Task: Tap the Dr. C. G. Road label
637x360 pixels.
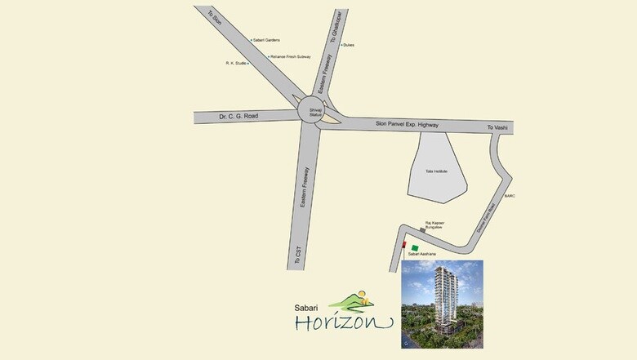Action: pos(239,117)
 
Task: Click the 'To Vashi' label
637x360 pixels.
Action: pos(497,128)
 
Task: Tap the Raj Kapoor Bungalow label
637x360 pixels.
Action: pos(438,224)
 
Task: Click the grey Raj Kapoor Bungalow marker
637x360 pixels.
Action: pos(422,229)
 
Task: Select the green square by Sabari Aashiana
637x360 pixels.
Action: pos(415,247)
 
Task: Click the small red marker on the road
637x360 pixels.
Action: pos(403,243)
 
